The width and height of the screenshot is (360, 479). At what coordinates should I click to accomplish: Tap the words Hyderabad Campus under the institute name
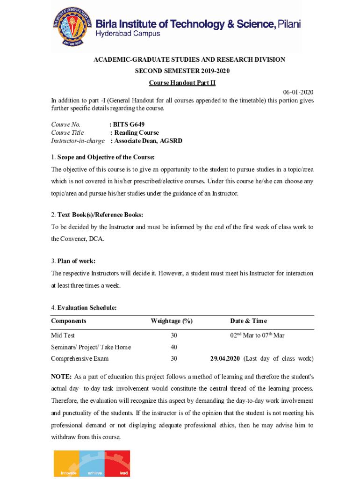coord(128,34)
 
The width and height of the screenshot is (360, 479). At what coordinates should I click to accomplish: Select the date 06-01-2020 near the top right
coord(298,92)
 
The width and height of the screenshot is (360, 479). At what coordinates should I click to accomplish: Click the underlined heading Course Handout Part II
coord(182,83)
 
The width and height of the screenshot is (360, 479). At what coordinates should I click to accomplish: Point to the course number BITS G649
coord(129,124)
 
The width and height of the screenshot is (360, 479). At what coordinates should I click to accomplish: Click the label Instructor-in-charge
coord(78,140)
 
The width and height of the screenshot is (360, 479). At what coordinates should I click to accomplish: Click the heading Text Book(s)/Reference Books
coord(100,215)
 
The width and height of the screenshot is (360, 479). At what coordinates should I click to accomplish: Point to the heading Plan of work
coord(76,261)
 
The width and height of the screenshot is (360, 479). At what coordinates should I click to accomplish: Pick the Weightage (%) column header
coord(172,321)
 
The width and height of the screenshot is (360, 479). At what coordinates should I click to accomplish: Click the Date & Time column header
coord(248,321)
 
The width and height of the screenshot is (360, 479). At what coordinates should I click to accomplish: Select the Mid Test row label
coord(63,335)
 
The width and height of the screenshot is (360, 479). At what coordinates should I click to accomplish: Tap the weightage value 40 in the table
coord(174,347)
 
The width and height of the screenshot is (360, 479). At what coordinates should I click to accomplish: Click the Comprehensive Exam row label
coord(80,359)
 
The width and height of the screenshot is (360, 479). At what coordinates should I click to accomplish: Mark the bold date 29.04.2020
coord(225,359)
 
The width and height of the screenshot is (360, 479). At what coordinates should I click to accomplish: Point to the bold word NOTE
coord(61,377)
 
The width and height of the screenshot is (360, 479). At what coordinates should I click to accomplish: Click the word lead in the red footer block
coord(124,473)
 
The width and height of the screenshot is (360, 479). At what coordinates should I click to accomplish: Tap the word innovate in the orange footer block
coord(69,473)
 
